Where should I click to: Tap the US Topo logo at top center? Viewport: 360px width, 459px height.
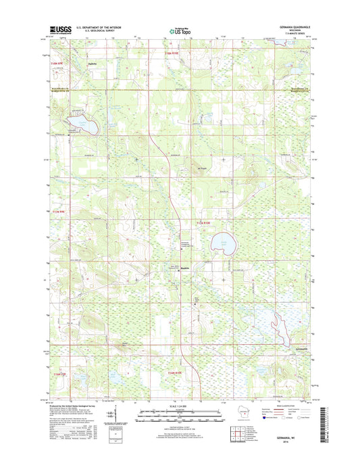pyautogui.click(x=178, y=30)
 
